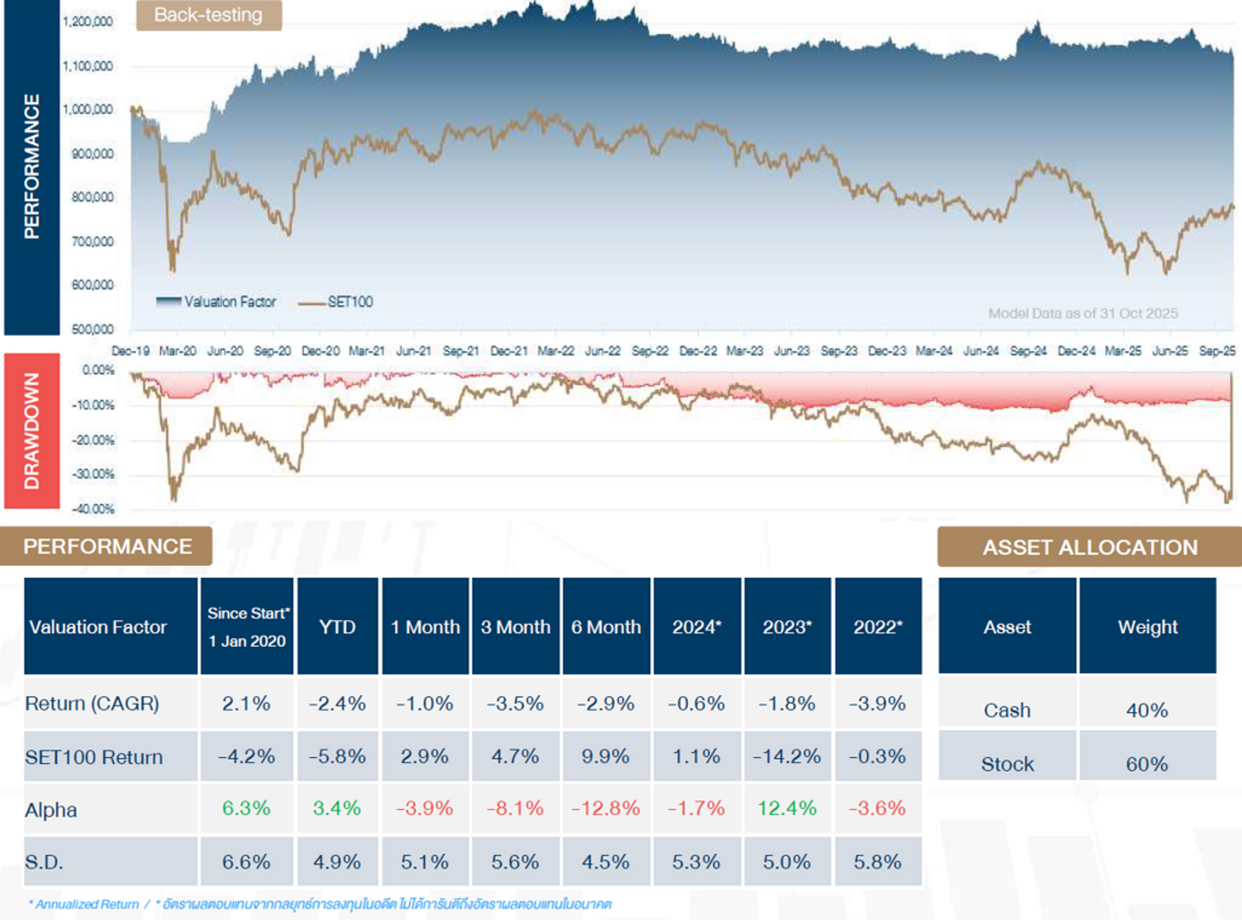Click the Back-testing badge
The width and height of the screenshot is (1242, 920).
point(209,15)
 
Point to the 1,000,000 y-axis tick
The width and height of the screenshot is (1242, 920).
point(87,109)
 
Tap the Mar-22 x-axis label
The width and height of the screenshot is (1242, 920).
point(555,351)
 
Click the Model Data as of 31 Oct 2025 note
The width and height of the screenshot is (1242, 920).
point(1083,314)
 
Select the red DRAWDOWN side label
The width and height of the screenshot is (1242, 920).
point(32,431)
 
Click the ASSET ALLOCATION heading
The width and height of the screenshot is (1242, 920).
point(1090,547)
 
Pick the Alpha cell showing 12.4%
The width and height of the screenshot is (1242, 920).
point(787,808)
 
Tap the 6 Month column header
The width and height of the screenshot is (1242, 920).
point(606,627)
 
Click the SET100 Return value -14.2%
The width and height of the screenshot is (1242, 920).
point(787,756)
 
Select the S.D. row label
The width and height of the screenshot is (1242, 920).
point(45,862)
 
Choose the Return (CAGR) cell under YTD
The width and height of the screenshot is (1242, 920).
point(338,704)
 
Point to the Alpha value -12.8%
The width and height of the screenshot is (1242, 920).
point(606,808)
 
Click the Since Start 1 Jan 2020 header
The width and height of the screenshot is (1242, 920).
point(247,627)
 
